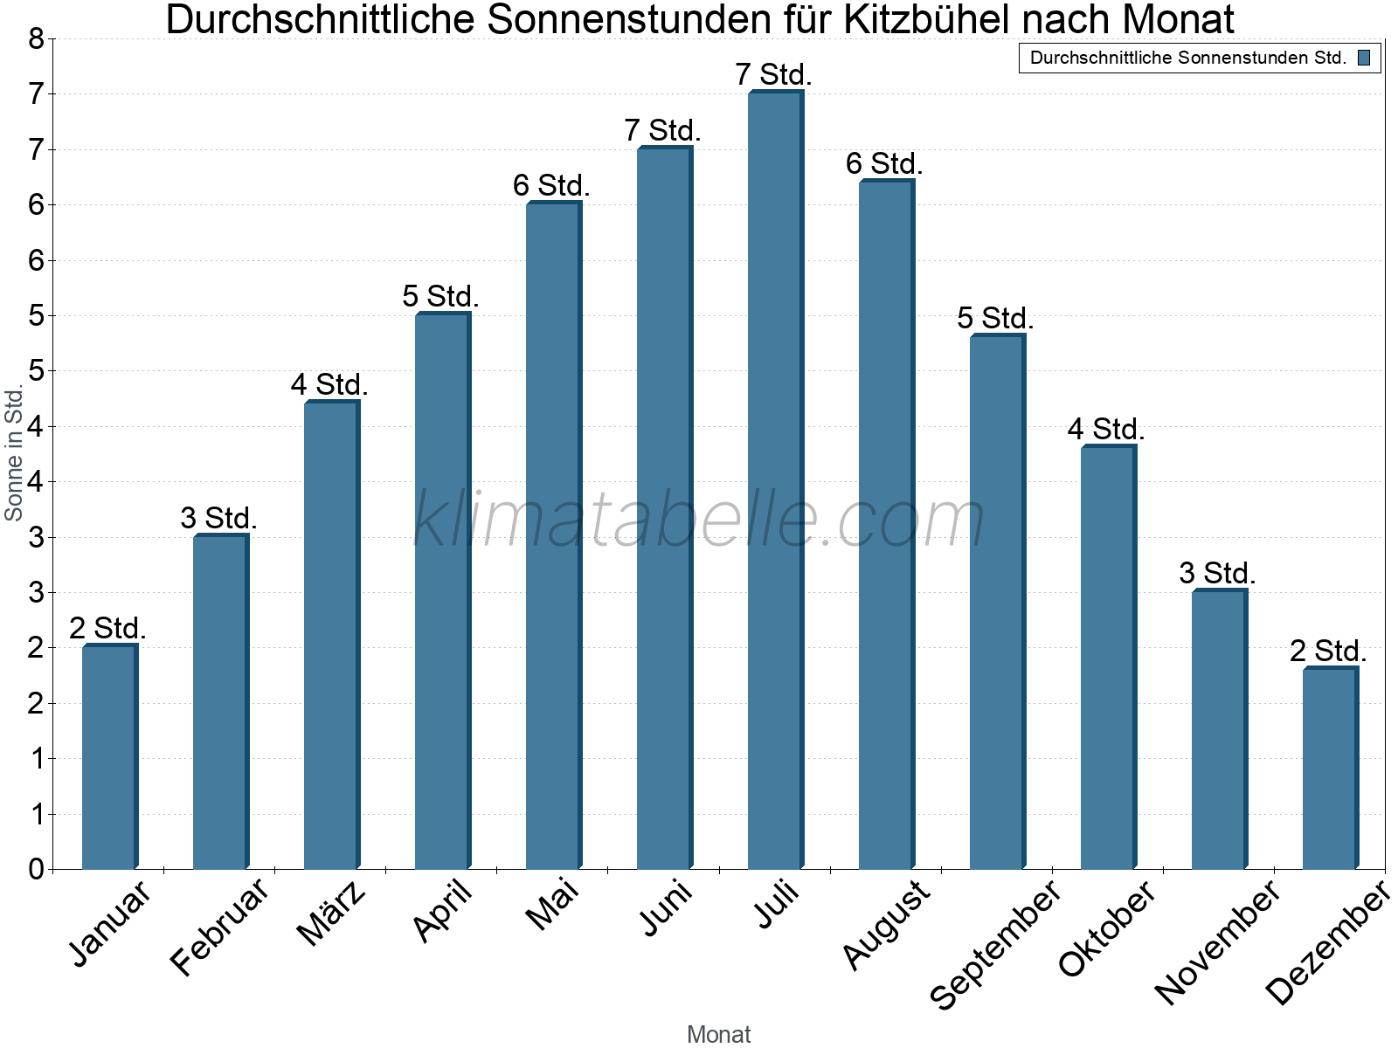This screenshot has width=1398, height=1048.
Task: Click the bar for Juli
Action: (x=775, y=480)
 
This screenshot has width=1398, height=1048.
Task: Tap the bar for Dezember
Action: (x=1330, y=769)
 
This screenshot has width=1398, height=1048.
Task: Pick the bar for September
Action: (x=997, y=603)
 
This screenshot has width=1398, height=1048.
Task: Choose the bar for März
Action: (x=331, y=635)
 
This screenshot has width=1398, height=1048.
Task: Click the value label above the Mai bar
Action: (x=551, y=186)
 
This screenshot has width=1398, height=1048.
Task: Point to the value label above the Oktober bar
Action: (x=1106, y=430)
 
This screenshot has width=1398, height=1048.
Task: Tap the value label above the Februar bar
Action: (x=218, y=519)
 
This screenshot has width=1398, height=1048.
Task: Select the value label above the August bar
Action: (x=884, y=164)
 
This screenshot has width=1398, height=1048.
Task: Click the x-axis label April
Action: (x=443, y=911)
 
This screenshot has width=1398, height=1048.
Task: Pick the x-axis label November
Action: (x=1217, y=941)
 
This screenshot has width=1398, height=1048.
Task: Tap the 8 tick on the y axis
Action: (x=36, y=38)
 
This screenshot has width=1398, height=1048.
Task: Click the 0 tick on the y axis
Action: (x=36, y=869)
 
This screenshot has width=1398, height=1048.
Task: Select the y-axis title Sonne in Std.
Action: (x=14, y=454)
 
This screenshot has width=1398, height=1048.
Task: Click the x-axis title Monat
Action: (x=718, y=1034)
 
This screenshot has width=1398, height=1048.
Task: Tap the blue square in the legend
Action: (x=1364, y=59)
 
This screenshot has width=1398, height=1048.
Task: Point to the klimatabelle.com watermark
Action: (x=699, y=520)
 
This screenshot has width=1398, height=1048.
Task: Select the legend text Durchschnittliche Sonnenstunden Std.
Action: (x=1188, y=59)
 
